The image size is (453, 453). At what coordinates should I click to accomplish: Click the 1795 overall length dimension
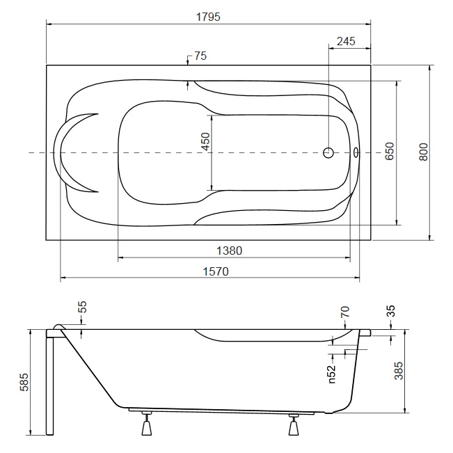208,17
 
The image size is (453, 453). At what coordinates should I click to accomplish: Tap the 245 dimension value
346,41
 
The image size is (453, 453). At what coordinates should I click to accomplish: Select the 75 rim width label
200,56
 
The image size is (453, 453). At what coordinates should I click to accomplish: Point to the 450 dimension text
206,141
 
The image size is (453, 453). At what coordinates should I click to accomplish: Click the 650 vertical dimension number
390,151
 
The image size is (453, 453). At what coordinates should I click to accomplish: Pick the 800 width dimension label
424,152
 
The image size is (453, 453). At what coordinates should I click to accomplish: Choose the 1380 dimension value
230,251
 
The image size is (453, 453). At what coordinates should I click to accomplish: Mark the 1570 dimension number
216,271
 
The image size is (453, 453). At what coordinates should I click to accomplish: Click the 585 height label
24,382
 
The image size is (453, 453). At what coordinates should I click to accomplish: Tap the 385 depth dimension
399,371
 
